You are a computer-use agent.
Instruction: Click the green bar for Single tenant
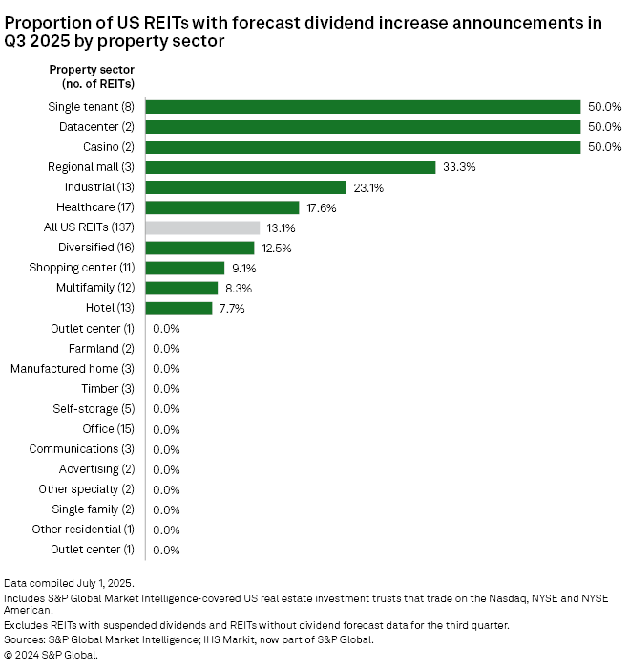pyautogui.click(x=363, y=107)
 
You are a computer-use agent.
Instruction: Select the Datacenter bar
pyautogui.click(x=363, y=127)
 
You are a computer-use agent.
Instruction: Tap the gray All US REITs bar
pyautogui.click(x=202, y=227)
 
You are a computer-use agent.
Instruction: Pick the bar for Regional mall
pyautogui.click(x=291, y=167)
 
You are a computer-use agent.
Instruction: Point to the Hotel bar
pyautogui.click(x=178, y=308)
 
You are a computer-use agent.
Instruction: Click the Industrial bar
pyautogui.click(x=245, y=187)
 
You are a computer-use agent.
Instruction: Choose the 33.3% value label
pyautogui.click(x=459, y=167)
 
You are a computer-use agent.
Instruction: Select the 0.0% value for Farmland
pyautogui.click(x=166, y=348)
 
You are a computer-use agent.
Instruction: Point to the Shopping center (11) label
pyautogui.click(x=82, y=268)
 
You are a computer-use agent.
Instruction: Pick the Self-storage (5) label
pyautogui.click(x=94, y=409)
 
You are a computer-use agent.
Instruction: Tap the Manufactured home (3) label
pyautogui.click(x=73, y=368)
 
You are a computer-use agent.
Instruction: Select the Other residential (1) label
pyautogui.click(x=83, y=530)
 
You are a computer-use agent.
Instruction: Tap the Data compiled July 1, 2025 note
pyautogui.click(x=69, y=582)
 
